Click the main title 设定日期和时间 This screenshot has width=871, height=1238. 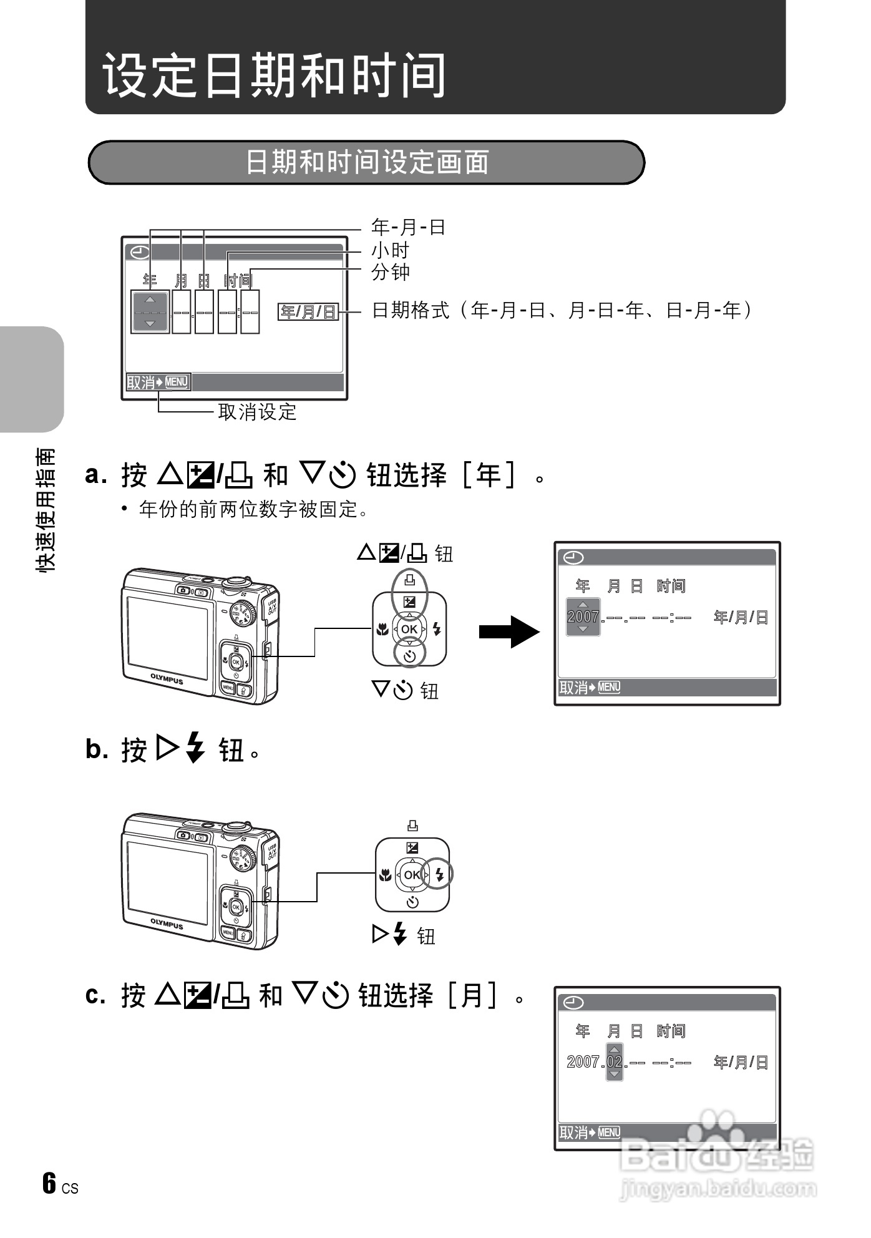[x=275, y=75]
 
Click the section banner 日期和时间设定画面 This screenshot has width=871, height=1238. [x=367, y=162]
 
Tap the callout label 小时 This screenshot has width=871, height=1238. [x=391, y=250]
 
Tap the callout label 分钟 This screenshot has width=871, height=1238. [x=391, y=272]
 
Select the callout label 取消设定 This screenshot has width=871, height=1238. [x=257, y=412]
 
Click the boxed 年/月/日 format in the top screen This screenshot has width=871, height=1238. [x=308, y=311]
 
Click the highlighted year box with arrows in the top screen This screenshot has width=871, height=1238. [x=150, y=311]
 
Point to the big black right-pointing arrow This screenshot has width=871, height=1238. [x=508, y=631]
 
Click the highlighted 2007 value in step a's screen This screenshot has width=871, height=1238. [x=583, y=617]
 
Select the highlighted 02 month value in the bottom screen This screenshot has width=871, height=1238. [x=615, y=1061]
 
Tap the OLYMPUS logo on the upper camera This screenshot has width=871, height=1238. [x=167, y=678]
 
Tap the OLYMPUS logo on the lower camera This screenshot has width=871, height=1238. [x=167, y=924]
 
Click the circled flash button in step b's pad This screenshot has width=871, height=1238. [x=439, y=874]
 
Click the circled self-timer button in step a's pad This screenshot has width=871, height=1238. [x=409, y=655]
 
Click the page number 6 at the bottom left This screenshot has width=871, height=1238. [x=49, y=1182]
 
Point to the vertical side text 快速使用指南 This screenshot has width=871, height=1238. [x=46, y=509]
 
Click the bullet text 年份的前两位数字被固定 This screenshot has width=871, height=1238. [x=253, y=509]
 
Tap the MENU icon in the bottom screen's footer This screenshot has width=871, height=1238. [x=609, y=1132]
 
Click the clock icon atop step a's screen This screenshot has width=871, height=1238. [x=573, y=557]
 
